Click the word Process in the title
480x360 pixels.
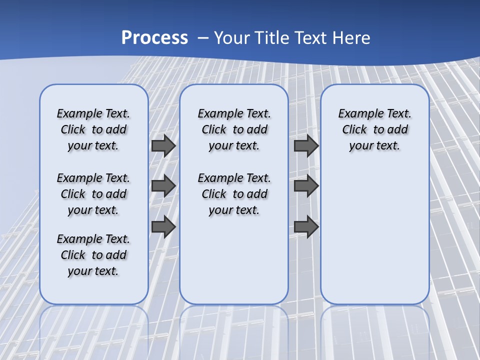coord(154,37)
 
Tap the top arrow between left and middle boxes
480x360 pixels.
coord(163,145)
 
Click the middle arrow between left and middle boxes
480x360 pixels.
coord(163,186)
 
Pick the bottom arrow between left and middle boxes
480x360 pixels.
coord(163,226)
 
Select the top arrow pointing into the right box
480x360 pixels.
coord(306,145)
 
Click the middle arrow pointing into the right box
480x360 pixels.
coord(306,186)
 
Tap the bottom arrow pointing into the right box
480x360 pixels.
coord(306,226)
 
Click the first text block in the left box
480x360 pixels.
coord(93,129)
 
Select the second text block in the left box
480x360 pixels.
coord(93,194)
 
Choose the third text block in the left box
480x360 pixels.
coord(93,255)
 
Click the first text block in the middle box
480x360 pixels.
coord(234,129)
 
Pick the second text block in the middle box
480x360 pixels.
coord(234,194)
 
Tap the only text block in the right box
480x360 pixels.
coord(374,129)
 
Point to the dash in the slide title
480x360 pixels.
coord(203,38)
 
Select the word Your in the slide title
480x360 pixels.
coord(232,38)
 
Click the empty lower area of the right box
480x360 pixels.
coord(374,235)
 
